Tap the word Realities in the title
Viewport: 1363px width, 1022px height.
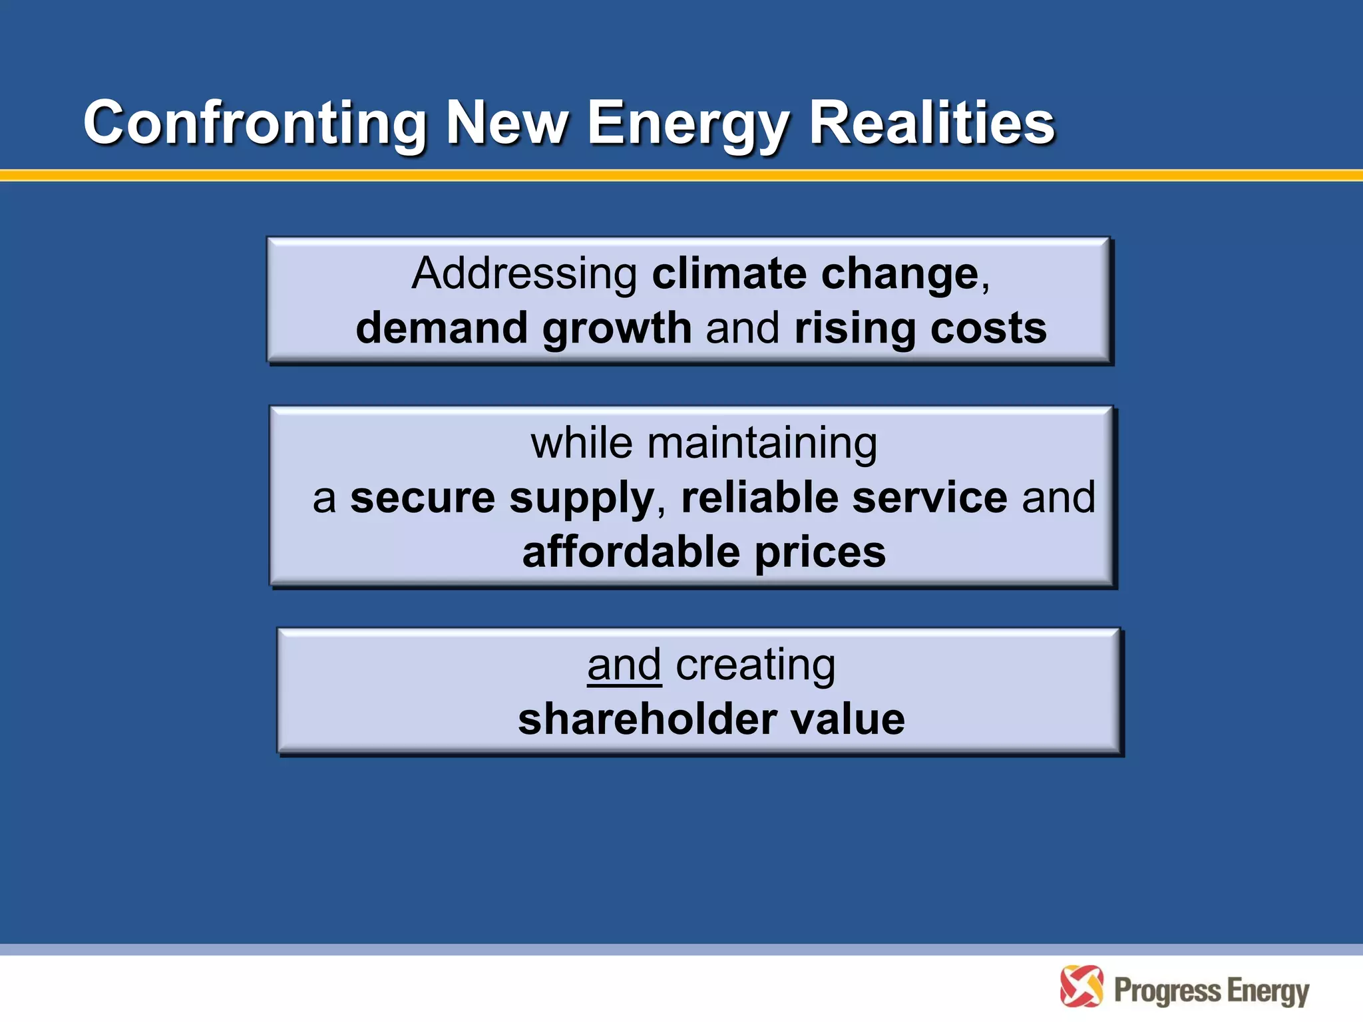click(932, 123)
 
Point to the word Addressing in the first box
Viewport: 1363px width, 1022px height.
click(524, 274)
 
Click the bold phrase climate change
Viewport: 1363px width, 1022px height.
click(815, 274)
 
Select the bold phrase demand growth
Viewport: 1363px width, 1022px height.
click(524, 329)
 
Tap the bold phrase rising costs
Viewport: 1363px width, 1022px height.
click(920, 329)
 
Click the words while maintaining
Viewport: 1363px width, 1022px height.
click(703, 443)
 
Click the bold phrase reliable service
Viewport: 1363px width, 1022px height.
click(844, 498)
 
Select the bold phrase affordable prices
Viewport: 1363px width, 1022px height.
click(703, 552)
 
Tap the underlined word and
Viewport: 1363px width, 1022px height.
click(624, 665)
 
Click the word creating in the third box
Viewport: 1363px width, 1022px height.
click(755, 665)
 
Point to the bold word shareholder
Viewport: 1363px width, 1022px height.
click(647, 720)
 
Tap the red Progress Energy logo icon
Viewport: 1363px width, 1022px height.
click(1081, 987)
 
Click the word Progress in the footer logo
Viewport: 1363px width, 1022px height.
click(1167, 991)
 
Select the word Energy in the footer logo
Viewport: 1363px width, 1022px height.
click(1268, 991)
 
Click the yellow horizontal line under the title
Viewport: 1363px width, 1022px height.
click(681, 176)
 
